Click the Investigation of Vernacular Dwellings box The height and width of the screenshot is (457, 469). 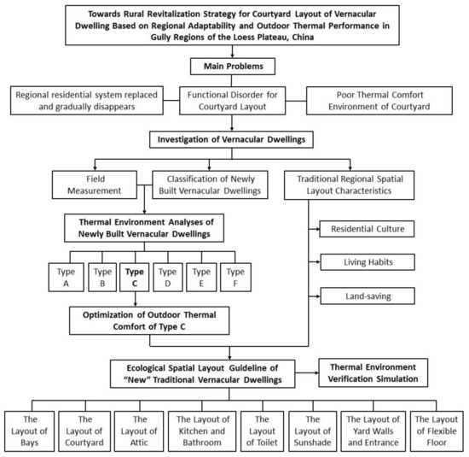click(233, 138)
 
